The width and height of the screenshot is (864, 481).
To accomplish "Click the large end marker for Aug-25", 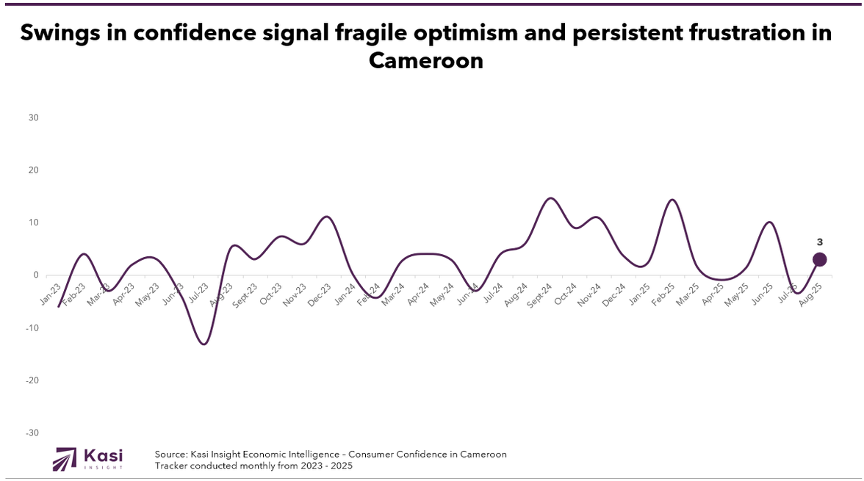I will (x=820, y=259).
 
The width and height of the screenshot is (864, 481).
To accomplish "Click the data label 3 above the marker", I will (x=820, y=241).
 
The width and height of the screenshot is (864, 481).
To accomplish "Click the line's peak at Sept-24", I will (x=551, y=198).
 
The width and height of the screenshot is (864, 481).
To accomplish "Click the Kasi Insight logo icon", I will (x=65, y=459).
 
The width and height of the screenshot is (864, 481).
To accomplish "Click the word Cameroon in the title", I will (x=426, y=60).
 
